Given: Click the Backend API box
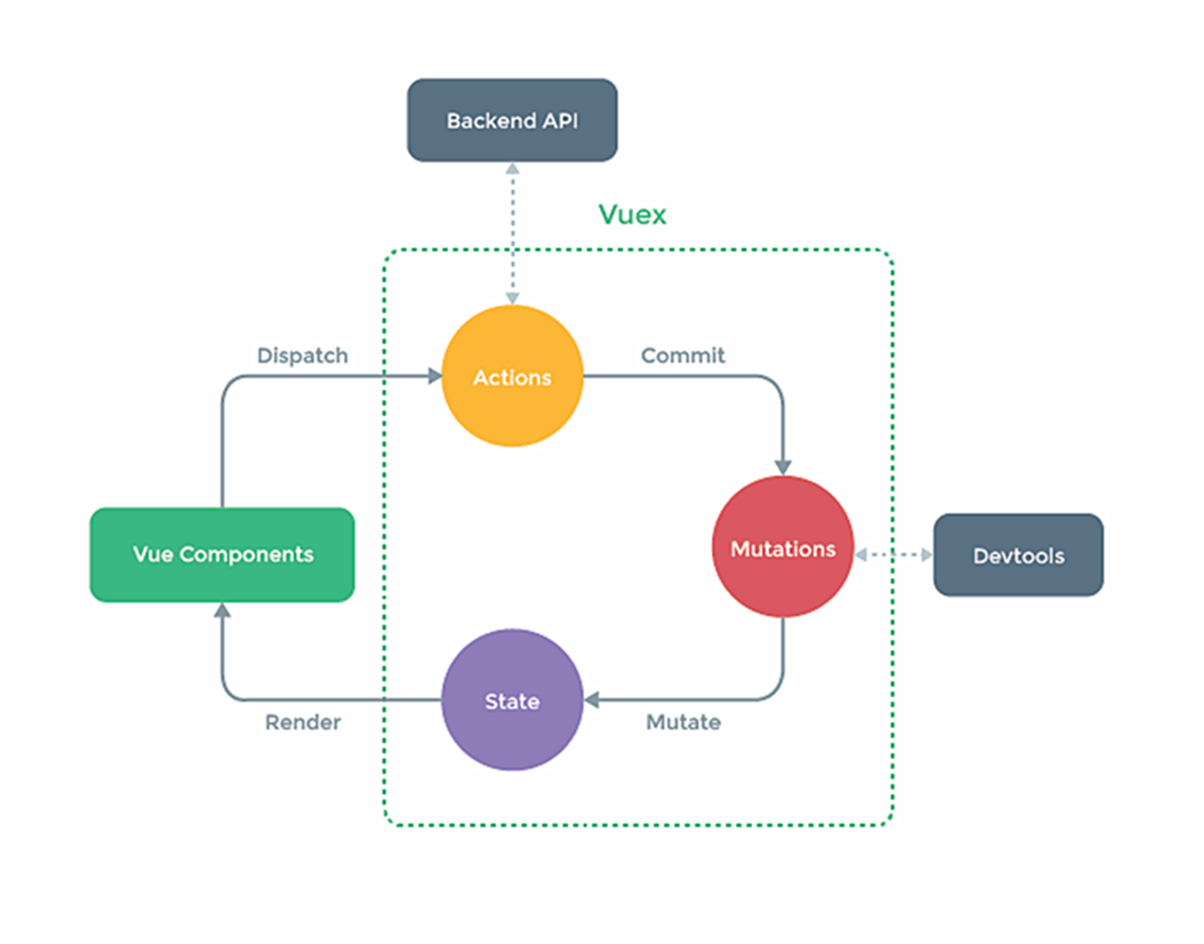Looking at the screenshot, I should pyautogui.click(x=512, y=120).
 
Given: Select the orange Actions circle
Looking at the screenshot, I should pyautogui.click(x=512, y=376).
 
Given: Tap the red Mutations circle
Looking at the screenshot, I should pyautogui.click(x=783, y=548).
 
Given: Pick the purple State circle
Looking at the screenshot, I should pyautogui.click(x=512, y=700).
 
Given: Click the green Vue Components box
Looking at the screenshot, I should pyautogui.click(x=222, y=554).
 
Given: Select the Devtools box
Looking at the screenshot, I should pyautogui.click(x=1018, y=555).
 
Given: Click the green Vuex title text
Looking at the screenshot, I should pyautogui.click(x=632, y=215).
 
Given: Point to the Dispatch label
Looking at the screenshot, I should pyautogui.click(x=302, y=355).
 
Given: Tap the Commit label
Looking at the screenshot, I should pyautogui.click(x=682, y=355).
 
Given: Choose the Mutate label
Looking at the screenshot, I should pyautogui.click(x=683, y=722).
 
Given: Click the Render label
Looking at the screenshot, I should pyautogui.click(x=302, y=722).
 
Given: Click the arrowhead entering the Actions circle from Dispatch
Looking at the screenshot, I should pyautogui.click(x=435, y=376).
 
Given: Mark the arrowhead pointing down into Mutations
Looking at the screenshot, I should pyautogui.click(x=783, y=467).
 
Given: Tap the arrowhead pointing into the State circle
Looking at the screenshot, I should pyautogui.click(x=592, y=700).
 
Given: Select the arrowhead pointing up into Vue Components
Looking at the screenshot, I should pyautogui.click(x=222, y=610).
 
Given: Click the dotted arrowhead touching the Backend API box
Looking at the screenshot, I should pyautogui.click(x=512, y=168).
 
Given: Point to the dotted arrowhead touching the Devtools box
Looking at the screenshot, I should pyautogui.click(x=926, y=555).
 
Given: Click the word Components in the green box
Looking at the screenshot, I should pyautogui.click(x=246, y=554).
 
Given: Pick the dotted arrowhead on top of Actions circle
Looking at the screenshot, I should pyautogui.click(x=512, y=298).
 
